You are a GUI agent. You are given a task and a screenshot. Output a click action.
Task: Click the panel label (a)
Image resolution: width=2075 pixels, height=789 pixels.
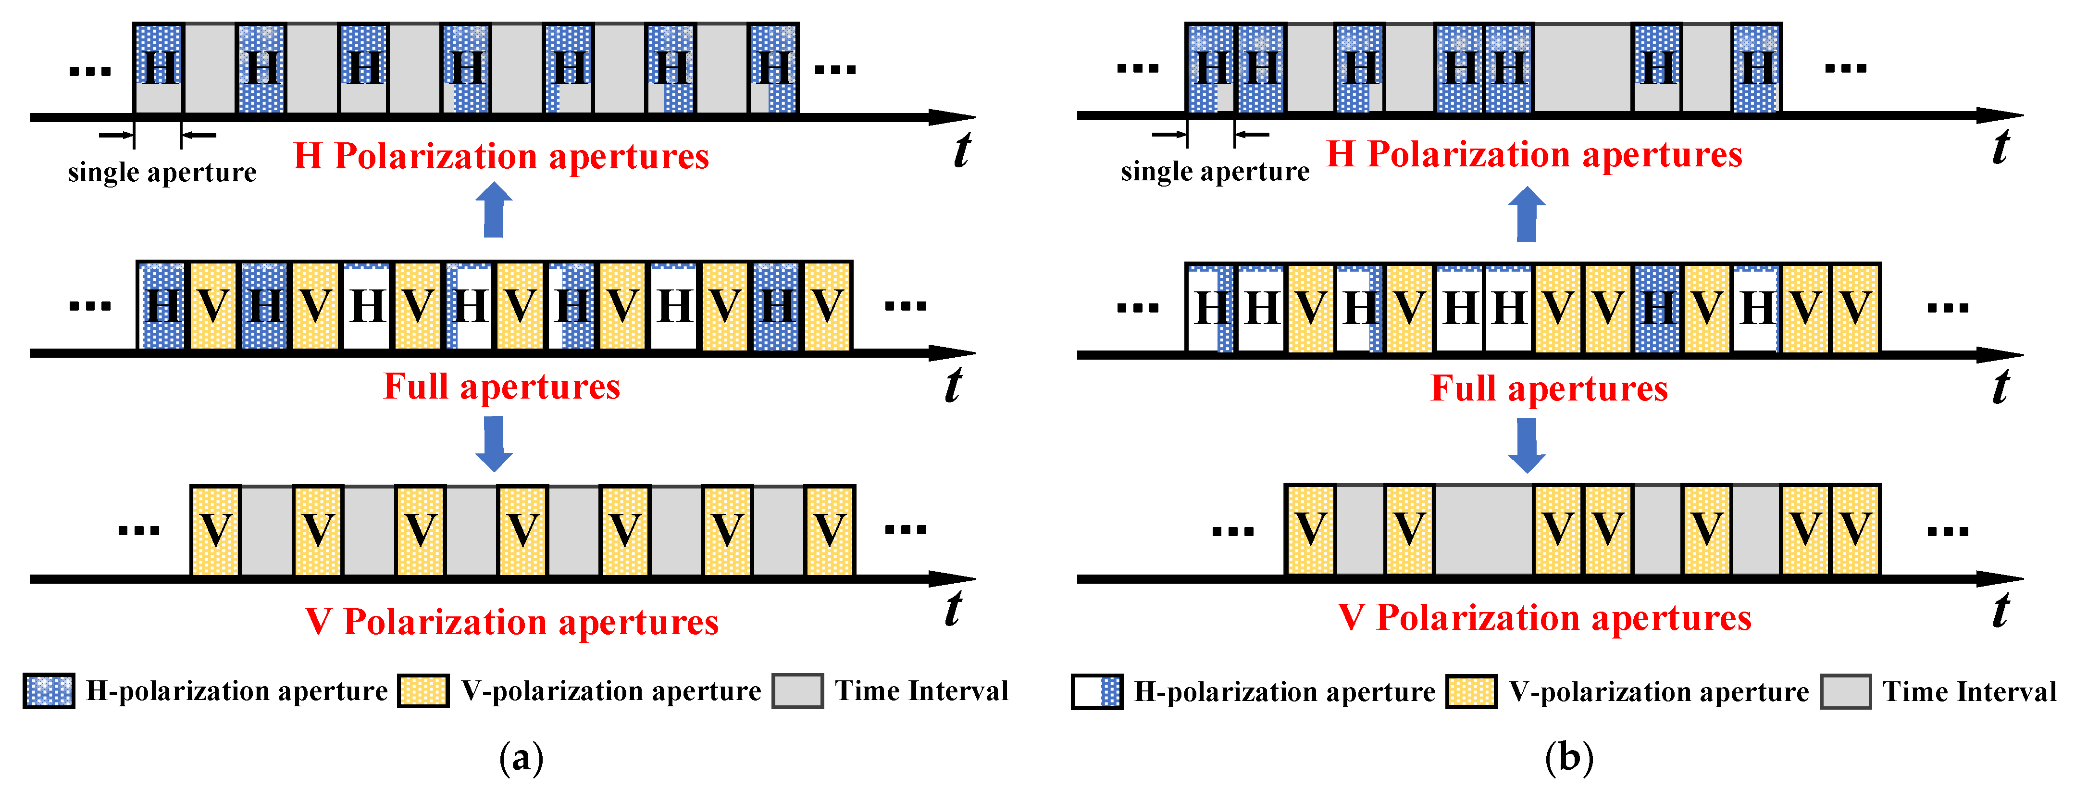click(x=521, y=758)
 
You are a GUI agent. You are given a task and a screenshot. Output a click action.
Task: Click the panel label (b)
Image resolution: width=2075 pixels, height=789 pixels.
click(x=1568, y=758)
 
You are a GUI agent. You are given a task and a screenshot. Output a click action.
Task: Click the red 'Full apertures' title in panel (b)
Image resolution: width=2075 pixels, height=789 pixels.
click(x=1548, y=388)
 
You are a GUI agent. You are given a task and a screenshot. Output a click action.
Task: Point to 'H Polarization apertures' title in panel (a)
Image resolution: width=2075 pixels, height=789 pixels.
click(x=501, y=156)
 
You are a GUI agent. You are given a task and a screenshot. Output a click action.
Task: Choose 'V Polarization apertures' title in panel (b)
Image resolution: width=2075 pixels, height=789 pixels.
click(x=1544, y=618)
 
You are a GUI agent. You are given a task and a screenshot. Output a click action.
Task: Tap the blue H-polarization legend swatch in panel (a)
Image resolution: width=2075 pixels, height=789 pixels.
click(x=49, y=691)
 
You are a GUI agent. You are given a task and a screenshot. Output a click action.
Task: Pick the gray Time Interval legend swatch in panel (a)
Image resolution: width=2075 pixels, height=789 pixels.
click(x=796, y=691)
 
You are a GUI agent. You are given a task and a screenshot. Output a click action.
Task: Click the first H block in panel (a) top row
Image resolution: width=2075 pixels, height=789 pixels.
click(x=159, y=68)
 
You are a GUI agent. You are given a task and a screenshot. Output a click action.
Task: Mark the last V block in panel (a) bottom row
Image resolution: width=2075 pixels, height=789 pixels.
click(x=829, y=530)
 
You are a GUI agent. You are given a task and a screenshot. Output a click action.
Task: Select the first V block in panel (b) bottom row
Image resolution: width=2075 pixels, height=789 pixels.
click(x=1310, y=529)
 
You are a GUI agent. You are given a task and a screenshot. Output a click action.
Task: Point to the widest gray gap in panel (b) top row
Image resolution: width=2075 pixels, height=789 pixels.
click(x=1581, y=68)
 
